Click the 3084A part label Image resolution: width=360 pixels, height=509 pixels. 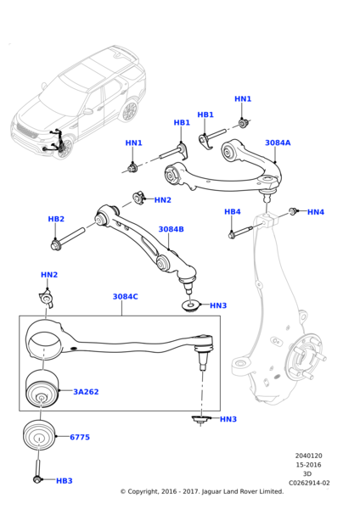pyautogui.click(x=277, y=143)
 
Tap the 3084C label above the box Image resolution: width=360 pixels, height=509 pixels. pyautogui.click(x=125, y=297)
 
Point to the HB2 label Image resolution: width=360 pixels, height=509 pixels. pyautogui.click(x=56, y=219)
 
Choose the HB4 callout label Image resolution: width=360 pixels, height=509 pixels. pyautogui.click(x=232, y=211)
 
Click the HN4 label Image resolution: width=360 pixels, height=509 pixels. pyautogui.click(x=315, y=212)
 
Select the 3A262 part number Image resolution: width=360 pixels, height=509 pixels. pyautogui.click(x=86, y=392)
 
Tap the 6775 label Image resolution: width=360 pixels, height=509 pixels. pyautogui.click(x=80, y=438)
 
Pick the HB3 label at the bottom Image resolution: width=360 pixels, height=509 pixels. pyautogui.click(x=64, y=481)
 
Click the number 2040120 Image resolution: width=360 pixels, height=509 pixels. pyautogui.click(x=308, y=456)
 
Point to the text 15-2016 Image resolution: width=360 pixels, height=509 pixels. pyautogui.click(x=307, y=465)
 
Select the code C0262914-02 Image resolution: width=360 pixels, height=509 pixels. pyautogui.click(x=309, y=483)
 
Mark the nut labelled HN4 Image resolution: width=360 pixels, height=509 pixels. pyautogui.click(x=293, y=210)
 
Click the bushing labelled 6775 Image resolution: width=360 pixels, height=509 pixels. pyautogui.click(x=39, y=436)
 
